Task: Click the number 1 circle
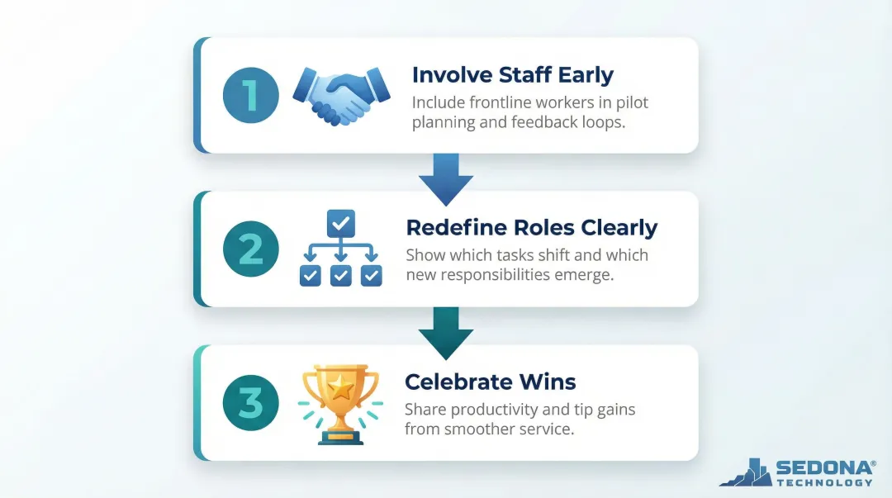(250, 95)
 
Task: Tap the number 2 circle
(250, 249)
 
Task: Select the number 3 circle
(250, 402)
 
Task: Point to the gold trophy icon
(340, 402)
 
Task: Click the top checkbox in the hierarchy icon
(340, 221)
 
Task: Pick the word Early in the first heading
(585, 75)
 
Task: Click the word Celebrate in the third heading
(457, 382)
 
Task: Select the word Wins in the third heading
(547, 382)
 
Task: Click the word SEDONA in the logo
(823, 469)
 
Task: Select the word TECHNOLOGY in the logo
(824, 482)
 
